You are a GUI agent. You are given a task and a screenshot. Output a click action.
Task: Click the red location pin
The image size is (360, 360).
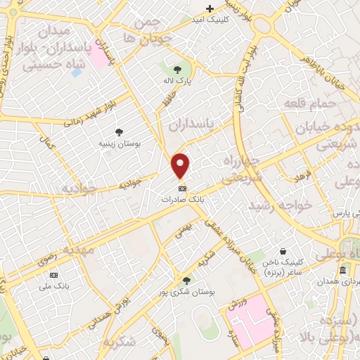(181, 165)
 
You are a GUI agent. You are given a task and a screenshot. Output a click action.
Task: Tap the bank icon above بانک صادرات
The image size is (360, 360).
(182, 188)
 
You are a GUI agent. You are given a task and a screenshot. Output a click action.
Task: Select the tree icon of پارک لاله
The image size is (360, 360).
(177, 69)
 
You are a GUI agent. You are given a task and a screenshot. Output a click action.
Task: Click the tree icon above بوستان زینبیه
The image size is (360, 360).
(119, 131)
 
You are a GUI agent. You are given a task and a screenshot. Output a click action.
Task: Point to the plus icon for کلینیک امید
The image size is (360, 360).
(209, 8)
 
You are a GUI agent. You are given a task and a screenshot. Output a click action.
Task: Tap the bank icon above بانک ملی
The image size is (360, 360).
(54, 274)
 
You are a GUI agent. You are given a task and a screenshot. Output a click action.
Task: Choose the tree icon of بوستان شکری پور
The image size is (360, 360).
(186, 280)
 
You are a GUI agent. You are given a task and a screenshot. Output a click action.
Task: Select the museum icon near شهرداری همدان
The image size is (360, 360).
(342, 271)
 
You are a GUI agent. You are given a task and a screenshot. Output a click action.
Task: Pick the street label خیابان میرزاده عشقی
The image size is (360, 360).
(232, 245)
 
